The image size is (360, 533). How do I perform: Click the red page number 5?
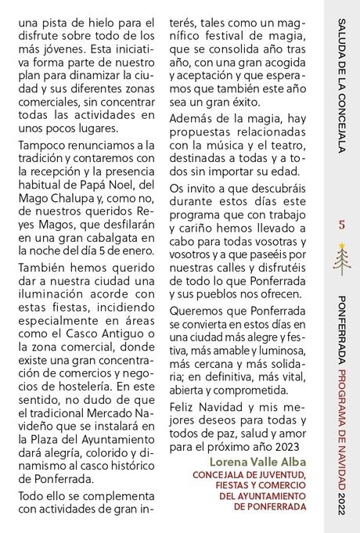341,225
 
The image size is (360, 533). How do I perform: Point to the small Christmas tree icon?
341,256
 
